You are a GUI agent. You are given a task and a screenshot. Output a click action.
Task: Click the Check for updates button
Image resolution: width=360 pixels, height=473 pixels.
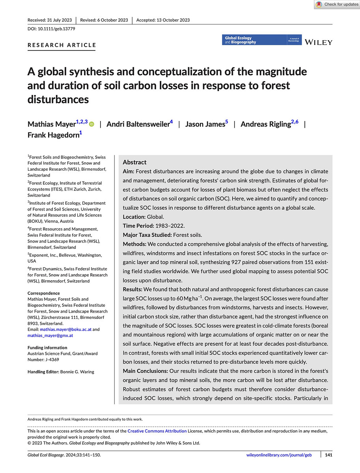(337, 4)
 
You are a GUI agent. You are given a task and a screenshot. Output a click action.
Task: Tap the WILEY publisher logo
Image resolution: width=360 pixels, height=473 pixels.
(318, 42)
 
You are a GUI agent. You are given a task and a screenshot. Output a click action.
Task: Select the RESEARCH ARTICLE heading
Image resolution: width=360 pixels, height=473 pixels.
(62, 45)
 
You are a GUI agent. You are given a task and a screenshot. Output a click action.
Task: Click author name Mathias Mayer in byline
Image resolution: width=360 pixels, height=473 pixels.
(51, 124)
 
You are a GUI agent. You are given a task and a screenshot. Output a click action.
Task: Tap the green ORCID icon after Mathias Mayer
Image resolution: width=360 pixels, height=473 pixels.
(92, 125)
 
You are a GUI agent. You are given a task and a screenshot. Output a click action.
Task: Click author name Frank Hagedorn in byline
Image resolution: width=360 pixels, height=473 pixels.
(53, 135)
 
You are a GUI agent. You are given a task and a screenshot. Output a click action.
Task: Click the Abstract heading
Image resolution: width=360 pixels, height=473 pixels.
(134, 162)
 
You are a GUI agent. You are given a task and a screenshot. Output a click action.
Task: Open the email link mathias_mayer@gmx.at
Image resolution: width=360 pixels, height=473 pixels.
(50, 335)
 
